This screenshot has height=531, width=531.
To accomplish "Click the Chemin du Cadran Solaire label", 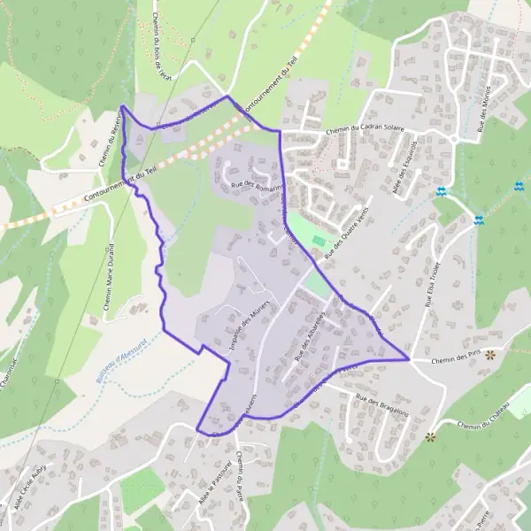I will [x=365, y=128].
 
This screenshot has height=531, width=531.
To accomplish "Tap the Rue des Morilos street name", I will [x=487, y=112].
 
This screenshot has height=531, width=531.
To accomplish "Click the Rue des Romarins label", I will [x=256, y=186].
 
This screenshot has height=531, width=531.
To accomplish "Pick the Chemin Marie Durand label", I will [x=109, y=275].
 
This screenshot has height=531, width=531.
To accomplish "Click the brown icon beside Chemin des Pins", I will [x=489, y=353].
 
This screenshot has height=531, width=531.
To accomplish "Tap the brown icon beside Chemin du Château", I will [x=432, y=436].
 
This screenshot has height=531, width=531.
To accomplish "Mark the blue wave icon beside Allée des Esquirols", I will [x=441, y=191].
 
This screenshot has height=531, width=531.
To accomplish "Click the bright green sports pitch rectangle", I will [x=319, y=241].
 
